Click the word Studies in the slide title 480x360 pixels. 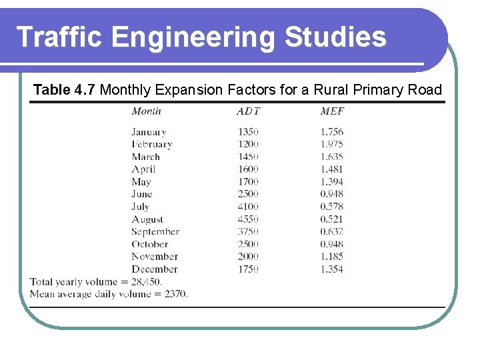pos(335,37)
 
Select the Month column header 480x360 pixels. pos(146,111)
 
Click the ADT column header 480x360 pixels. pos(248,111)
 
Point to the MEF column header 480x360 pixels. pos(332,111)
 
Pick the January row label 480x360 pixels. pos(149,132)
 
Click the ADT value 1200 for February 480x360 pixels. pos(248,144)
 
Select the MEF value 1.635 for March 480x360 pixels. pos(331,157)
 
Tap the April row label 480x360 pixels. pos(143,169)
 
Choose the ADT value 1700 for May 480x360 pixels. pos(248,181)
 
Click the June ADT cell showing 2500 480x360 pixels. pos(248,194)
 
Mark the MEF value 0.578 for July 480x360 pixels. pos(331,207)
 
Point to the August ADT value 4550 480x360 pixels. pos(248,219)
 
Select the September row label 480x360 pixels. pos(155,232)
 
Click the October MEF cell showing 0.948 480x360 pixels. pos(331,244)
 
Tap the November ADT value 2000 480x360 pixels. pos(248,257)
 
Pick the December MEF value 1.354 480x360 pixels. pos(331,269)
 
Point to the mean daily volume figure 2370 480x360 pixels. pos(175,293)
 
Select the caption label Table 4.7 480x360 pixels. pos(65,90)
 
